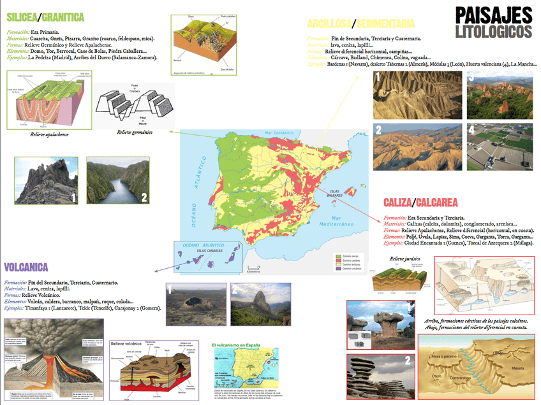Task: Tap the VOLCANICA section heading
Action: coord(32,267)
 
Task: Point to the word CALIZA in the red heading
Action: coord(397,202)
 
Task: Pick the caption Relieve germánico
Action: coord(135,132)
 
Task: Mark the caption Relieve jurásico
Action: coord(406,259)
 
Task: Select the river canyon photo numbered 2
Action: coord(117,181)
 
